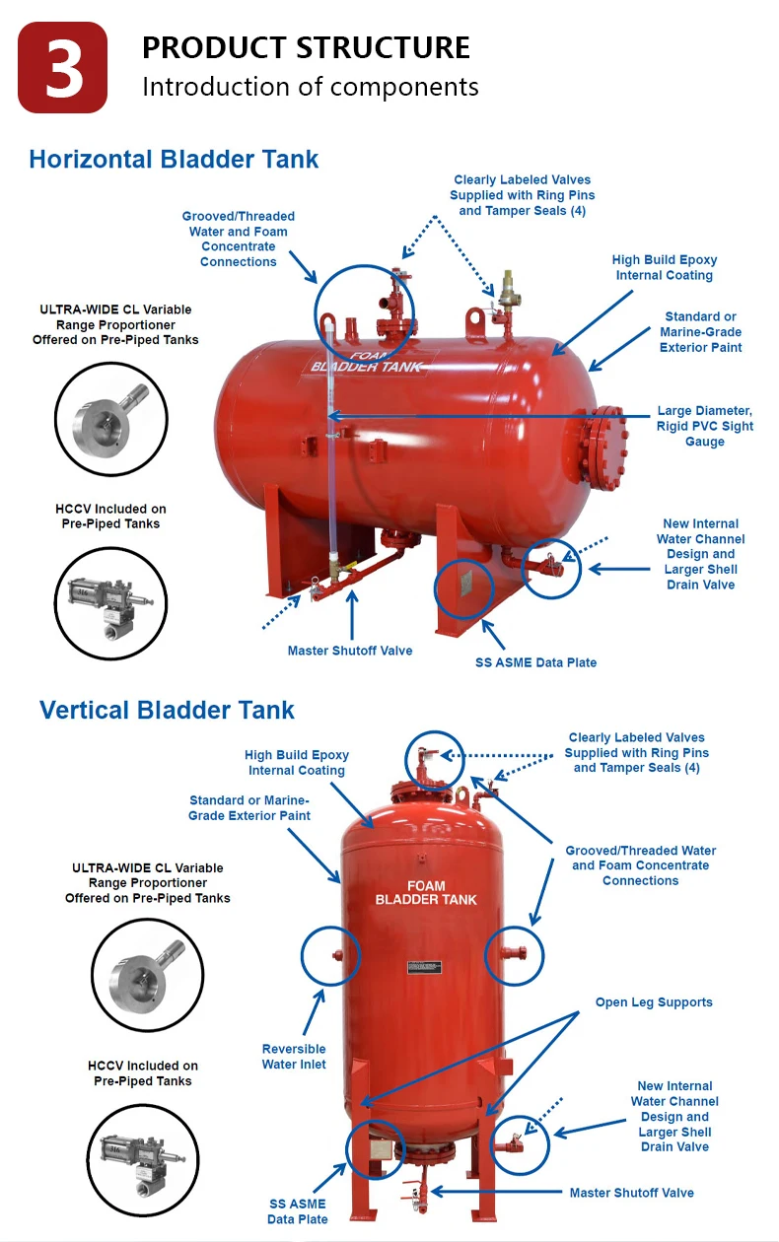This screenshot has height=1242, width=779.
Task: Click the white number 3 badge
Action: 63,68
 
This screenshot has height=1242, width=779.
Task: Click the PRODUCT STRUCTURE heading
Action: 306,47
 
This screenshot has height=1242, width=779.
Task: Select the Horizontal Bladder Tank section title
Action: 174,159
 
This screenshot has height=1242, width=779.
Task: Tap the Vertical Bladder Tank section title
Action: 167,710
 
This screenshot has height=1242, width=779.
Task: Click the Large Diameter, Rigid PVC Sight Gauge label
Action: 704,426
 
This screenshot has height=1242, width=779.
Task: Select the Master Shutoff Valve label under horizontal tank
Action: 349,651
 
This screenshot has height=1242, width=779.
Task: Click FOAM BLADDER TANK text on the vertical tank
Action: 426,893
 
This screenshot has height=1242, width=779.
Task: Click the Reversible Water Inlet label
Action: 294,1057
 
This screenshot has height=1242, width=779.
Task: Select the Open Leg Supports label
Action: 653,1002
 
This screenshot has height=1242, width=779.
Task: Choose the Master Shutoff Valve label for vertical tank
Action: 631,1193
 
